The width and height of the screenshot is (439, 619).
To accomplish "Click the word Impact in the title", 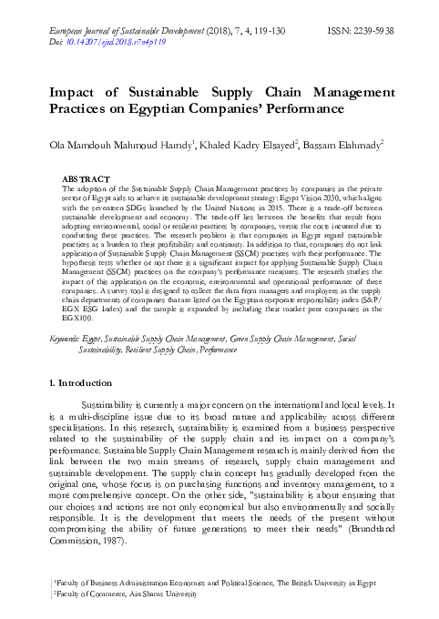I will pos(74,94).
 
